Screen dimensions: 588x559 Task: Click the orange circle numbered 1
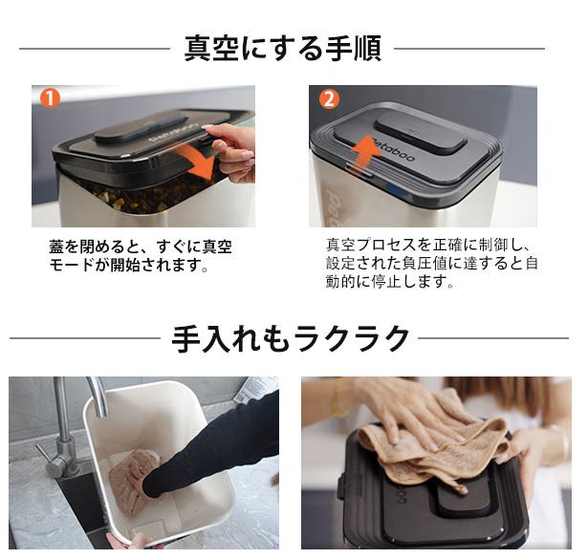[50, 97]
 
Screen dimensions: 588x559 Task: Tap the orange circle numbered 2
[329, 99]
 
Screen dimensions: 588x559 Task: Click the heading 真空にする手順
[283, 49]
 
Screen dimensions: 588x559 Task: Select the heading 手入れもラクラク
[290, 338]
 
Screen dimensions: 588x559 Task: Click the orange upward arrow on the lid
[365, 154]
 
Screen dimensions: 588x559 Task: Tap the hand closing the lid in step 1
[229, 151]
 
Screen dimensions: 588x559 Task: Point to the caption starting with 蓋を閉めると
[141, 256]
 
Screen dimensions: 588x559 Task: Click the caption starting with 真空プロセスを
[431, 264]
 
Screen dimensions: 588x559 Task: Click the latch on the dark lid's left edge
[342, 487]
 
